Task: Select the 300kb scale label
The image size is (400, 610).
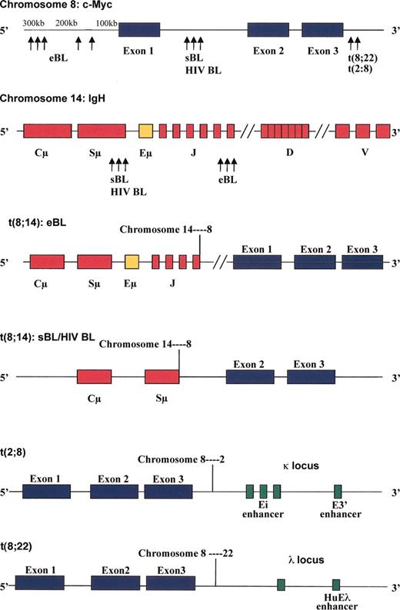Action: [x=34, y=24]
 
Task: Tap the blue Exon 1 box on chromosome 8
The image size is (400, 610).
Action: [x=139, y=31]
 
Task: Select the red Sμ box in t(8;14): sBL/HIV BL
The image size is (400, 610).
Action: [x=162, y=376]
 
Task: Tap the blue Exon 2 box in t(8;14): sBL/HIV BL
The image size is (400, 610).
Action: [x=249, y=376]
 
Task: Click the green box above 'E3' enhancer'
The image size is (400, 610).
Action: [x=338, y=492]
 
